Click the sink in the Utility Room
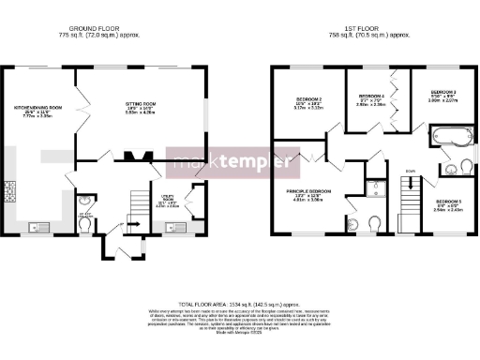(x=175, y=226)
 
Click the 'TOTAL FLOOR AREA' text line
(x=239, y=306)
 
